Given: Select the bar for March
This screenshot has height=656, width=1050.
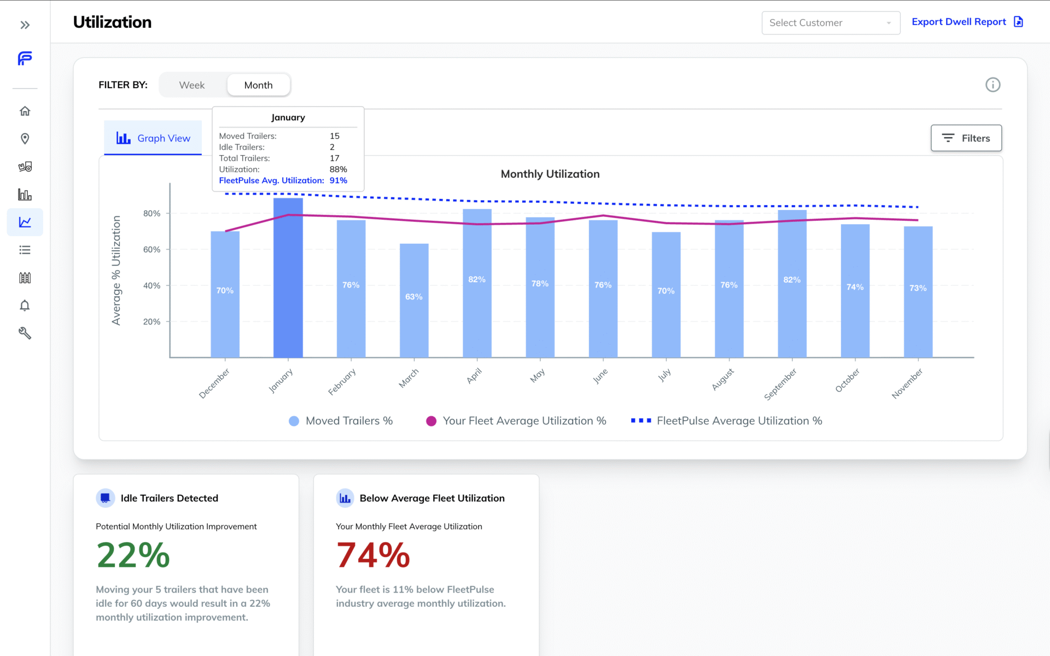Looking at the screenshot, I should (414, 301).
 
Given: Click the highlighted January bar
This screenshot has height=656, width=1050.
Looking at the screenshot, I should (288, 279).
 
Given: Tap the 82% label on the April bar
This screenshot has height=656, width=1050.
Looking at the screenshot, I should (477, 279).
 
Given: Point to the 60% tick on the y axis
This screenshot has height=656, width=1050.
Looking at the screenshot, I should (151, 249).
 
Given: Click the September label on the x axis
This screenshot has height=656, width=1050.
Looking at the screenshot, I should (781, 384).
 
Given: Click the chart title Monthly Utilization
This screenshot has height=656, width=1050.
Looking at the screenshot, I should (550, 174).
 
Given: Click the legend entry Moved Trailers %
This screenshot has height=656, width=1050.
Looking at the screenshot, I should (341, 421).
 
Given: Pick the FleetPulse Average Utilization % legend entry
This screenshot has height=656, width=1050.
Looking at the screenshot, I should (727, 421).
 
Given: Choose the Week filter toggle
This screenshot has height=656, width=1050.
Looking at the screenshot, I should (192, 85).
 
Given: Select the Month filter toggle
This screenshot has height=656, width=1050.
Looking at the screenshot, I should (258, 85).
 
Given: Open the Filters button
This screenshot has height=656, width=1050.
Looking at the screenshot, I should (966, 138).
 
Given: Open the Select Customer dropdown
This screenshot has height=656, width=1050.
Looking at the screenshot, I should (830, 23).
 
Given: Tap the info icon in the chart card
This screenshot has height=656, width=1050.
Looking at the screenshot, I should (993, 85).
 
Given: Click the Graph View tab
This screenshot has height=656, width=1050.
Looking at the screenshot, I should (153, 138).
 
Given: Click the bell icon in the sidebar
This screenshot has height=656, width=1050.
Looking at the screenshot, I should (25, 306).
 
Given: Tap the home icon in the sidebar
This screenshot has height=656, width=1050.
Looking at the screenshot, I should (25, 111).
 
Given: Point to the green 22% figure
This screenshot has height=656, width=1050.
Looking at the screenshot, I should (133, 555).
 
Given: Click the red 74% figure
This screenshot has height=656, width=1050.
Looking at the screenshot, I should (373, 555).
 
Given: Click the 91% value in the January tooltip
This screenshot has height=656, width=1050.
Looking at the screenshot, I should (338, 180).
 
